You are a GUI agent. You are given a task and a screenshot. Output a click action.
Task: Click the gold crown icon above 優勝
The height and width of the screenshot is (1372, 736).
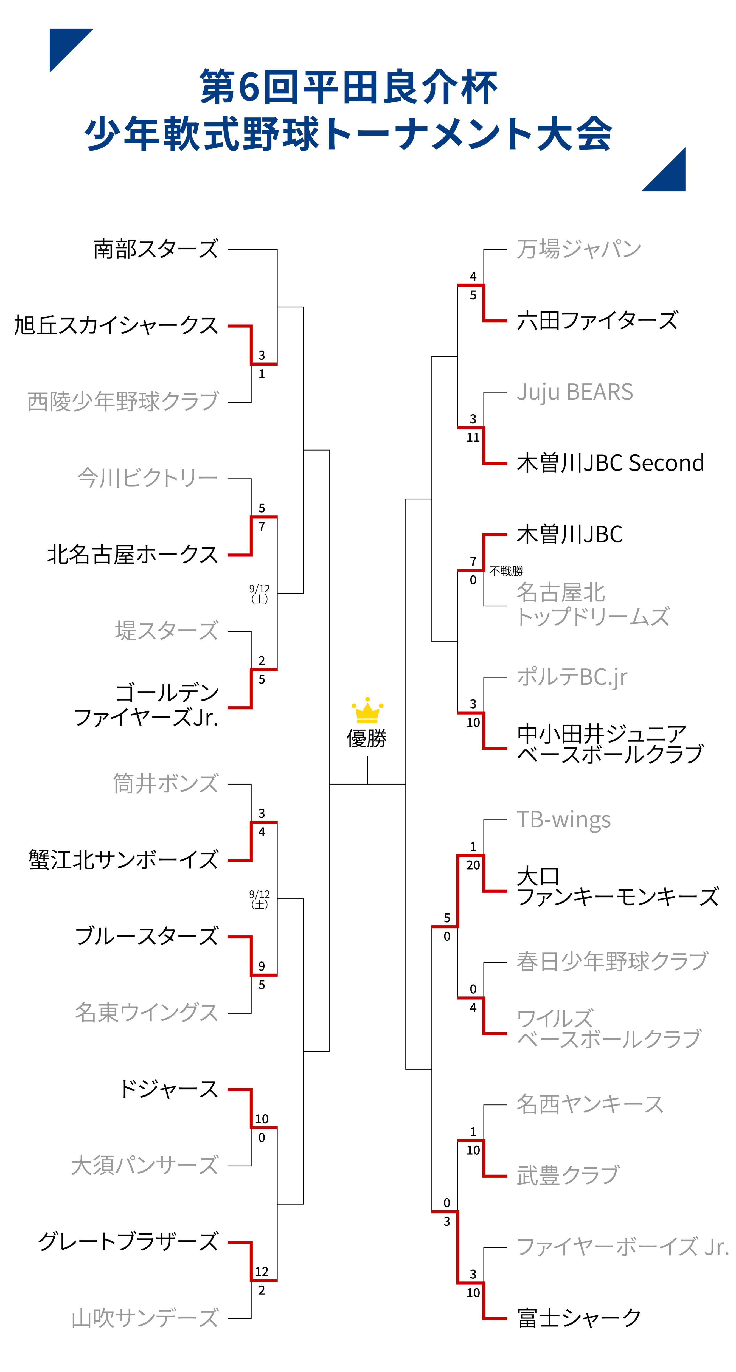367,710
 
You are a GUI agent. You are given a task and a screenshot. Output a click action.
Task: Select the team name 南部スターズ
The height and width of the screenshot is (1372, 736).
156,249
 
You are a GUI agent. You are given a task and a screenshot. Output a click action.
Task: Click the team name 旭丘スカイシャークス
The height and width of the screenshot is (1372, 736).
116,325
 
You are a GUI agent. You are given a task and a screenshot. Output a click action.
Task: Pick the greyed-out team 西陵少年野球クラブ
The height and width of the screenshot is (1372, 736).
123,402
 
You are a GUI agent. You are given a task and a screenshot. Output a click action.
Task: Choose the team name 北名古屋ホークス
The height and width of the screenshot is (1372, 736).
133,555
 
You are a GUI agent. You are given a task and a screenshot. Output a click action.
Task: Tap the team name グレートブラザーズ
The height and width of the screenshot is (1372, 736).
128,1242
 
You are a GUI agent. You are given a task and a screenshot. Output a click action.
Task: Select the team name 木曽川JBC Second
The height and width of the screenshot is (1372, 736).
610,463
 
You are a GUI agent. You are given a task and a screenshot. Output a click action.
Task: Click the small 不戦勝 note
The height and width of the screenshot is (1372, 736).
506,571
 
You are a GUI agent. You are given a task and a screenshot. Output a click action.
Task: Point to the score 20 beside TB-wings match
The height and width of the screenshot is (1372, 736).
473,865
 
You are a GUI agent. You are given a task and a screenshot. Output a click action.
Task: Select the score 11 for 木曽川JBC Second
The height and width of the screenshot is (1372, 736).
473,437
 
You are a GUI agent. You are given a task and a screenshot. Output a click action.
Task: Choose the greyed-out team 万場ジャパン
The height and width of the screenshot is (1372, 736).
579,249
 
